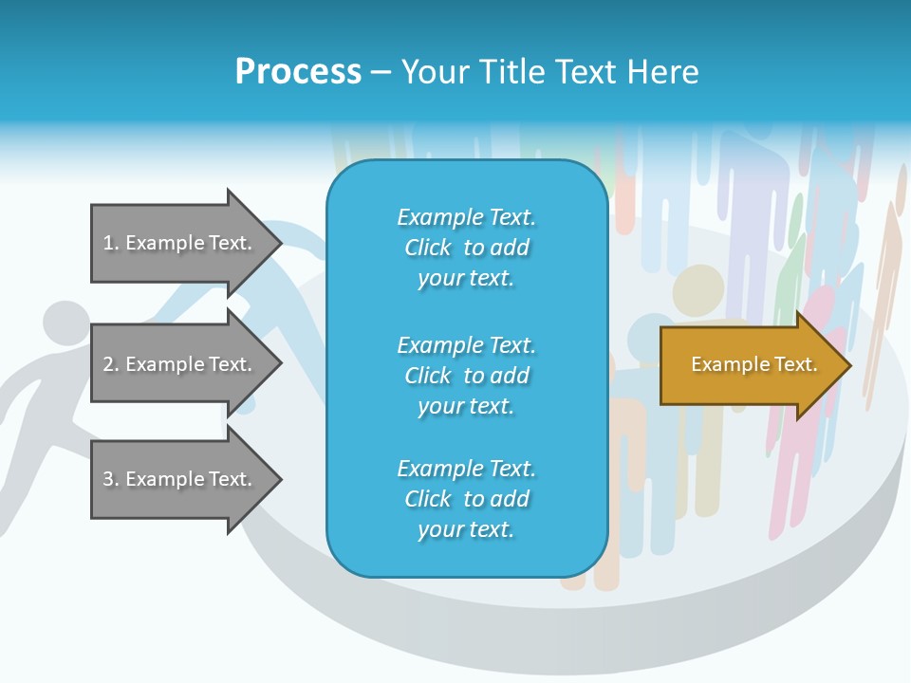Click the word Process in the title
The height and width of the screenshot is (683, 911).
pyautogui.click(x=298, y=72)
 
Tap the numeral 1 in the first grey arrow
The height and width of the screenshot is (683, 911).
pyautogui.click(x=108, y=243)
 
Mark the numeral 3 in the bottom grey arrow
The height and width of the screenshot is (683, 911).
pyautogui.click(x=108, y=479)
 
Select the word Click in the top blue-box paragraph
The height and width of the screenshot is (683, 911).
pyautogui.click(x=428, y=248)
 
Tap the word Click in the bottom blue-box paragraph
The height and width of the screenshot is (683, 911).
pyautogui.click(x=428, y=499)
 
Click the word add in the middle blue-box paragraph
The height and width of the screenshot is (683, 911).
pyautogui.click(x=510, y=376)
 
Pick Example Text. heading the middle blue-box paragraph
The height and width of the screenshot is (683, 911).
pyautogui.click(x=466, y=344)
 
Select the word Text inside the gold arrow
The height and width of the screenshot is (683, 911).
pyautogui.click(x=796, y=364)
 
